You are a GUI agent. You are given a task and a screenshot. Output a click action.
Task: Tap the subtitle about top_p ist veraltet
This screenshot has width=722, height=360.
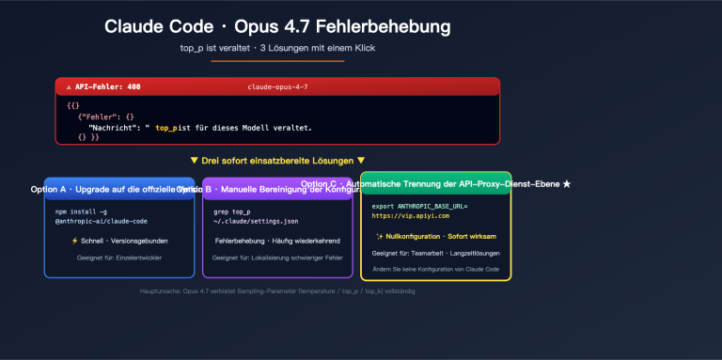point(277,47)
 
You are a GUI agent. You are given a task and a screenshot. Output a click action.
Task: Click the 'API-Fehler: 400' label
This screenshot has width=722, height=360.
point(102,86)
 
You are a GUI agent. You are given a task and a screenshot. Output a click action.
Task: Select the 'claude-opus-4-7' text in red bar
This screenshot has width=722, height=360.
point(277,86)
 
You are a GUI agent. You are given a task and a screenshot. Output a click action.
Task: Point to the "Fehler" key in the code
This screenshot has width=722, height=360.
point(97,116)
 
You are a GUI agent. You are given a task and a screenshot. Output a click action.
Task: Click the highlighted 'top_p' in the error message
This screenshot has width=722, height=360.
point(165,127)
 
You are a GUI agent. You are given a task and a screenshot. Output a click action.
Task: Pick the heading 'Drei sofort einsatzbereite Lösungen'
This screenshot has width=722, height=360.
point(277,161)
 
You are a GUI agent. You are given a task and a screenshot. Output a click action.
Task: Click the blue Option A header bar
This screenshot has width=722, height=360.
point(119,189)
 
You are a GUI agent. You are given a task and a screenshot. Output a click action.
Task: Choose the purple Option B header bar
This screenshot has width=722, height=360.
point(277,189)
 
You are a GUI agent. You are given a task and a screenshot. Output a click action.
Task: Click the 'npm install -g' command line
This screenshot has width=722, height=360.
point(81,211)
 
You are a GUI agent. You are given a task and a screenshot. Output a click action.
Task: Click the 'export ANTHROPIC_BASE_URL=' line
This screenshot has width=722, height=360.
point(419,206)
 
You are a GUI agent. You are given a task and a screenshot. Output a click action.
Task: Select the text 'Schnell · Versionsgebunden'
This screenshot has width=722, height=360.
point(119,241)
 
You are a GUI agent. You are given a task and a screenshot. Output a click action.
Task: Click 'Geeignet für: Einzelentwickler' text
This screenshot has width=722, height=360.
point(119,257)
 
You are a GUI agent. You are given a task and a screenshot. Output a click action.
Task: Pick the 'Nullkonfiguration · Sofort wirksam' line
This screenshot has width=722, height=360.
point(435,236)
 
